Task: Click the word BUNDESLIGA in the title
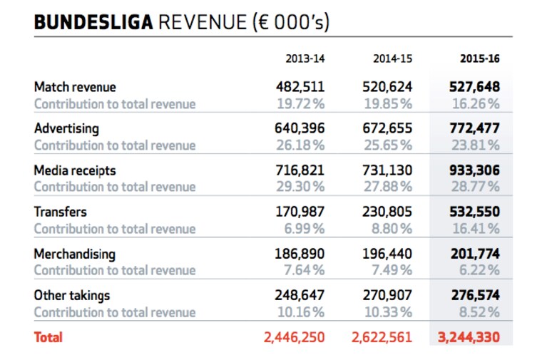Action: [x=93, y=22]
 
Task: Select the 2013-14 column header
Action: [x=305, y=58]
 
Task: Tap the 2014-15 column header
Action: [x=392, y=58]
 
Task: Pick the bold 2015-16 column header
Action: [x=480, y=58]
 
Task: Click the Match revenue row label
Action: [x=75, y=87]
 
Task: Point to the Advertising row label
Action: [x=66, y=129]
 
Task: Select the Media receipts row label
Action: [x=75, y=170]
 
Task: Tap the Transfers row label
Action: [x=61, y=212]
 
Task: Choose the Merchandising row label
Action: [x=75, y=254]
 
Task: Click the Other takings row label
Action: [x=72, y=295]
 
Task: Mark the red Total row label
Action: [x=48, y=337]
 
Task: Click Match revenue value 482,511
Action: [x=300, y=87]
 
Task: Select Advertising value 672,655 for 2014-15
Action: [x=387, y=128]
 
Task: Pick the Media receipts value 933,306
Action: [x=474, y=170]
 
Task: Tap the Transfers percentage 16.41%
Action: [x=476, y=229]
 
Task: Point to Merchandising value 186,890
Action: [x=300, y=254]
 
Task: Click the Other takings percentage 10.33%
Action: [x=388, y=312]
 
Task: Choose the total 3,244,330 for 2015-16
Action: [x=469, y=337]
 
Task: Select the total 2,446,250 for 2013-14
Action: [x=295, y=337]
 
